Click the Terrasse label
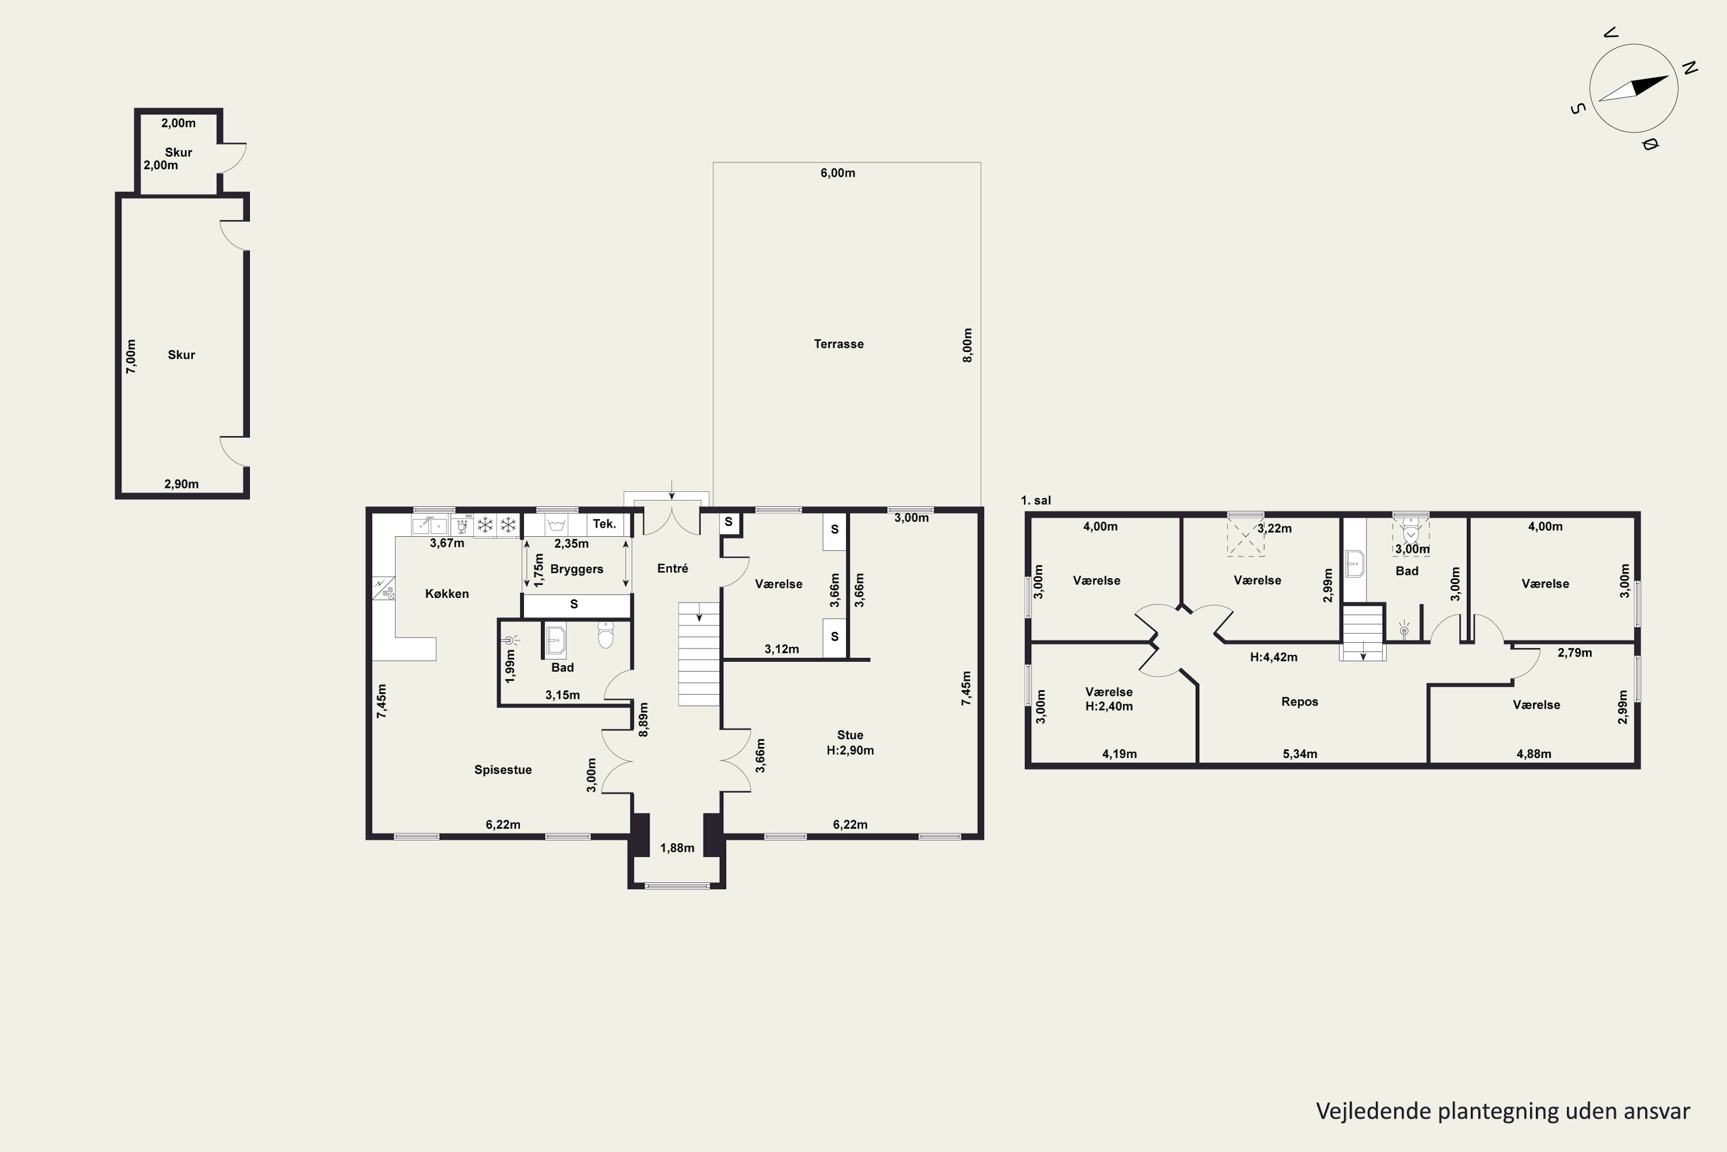coord(839,344)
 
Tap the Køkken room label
coord(447,594)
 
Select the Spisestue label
coord(503,770)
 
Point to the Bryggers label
coord(576,570)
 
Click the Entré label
coord(672,569)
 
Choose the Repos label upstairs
coord(1300,702)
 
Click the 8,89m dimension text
coord(643,719)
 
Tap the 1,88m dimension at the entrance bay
coord(677,848)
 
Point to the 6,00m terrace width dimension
coord(838,173)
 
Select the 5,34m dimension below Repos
coord(1300,754)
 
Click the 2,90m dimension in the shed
coord(181,484)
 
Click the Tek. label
coord(604,524)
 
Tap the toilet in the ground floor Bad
coord(605,635)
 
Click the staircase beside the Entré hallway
coord(698,654)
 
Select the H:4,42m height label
coord(1273,658)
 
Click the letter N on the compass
coord(1690,69)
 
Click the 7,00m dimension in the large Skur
coord(131,357)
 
